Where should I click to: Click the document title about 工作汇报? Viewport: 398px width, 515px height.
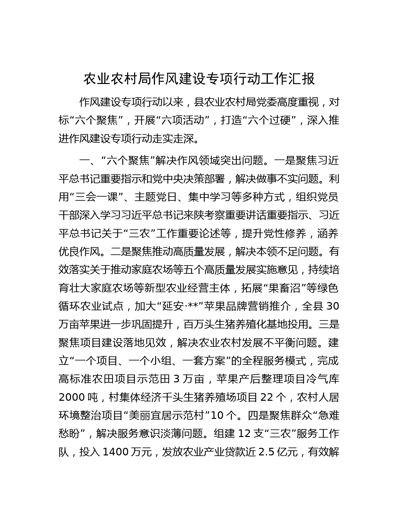tap(199, 79)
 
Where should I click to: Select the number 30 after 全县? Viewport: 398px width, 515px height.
tap(333, 306)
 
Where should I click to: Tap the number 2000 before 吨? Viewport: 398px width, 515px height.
tap(71, 397)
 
